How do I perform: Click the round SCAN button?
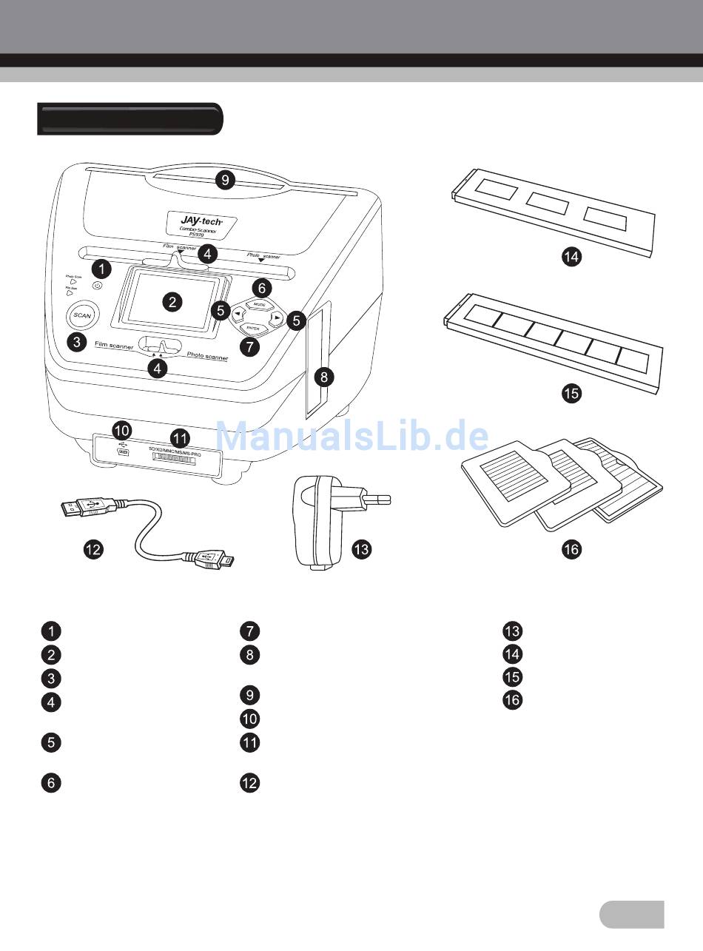[x=82, y=316]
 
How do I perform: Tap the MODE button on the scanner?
[x=258, y=304]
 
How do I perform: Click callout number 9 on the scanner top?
[x=224, y=179]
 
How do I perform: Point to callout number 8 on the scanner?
[x=323, y=377]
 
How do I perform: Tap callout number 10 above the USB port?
[x=121, y=429]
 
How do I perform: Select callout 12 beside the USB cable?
[x=93, y=549]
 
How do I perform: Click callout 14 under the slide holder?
[x=571, y=257]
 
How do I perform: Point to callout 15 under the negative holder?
[x=571, y=393]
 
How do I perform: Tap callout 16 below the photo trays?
[x=571, y=549]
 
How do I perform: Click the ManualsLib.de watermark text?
[x=351, y=437]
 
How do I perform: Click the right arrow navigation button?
[x=275, y=317]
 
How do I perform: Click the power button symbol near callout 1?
[x=98, y=284]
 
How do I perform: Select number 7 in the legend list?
[x=250, y=631]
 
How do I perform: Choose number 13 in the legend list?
[x=512, y=631]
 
